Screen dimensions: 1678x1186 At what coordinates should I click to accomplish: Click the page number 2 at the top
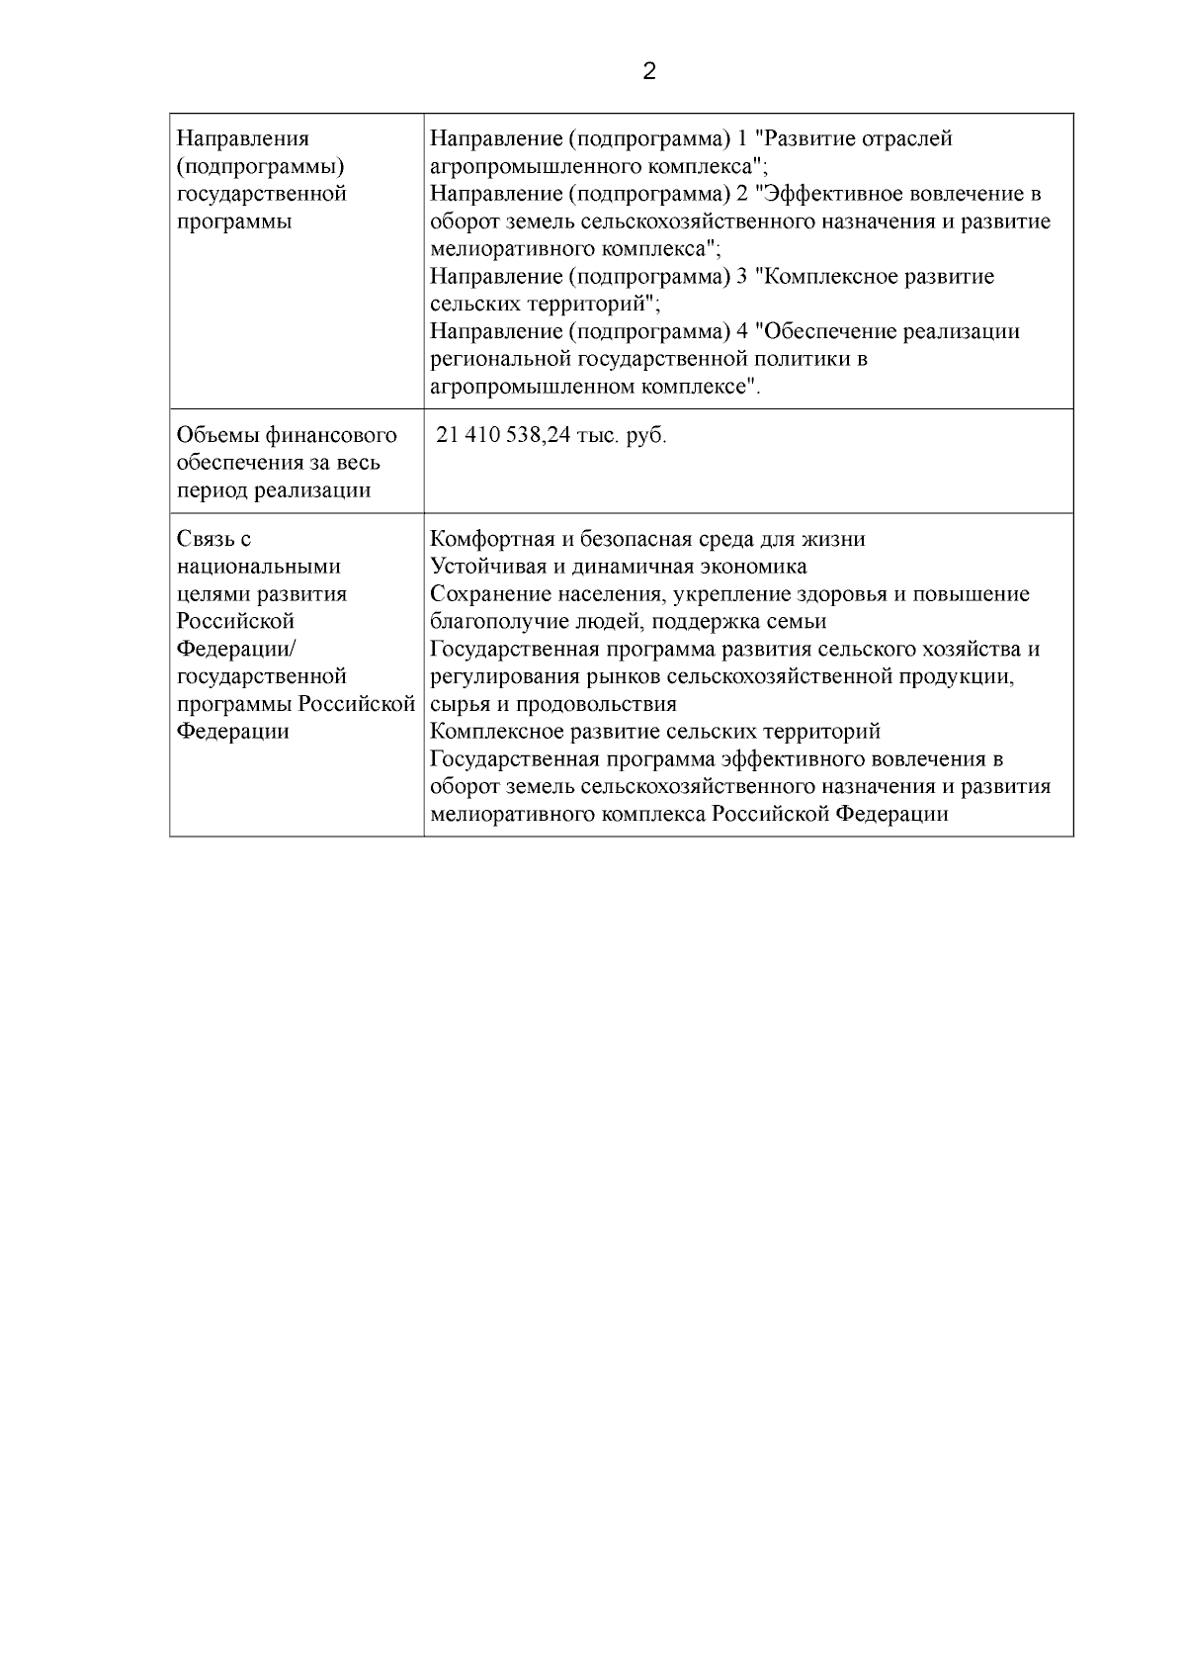pyautogui.click(x=649, y=72)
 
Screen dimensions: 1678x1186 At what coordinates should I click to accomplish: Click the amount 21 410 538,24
pyautogui.click(x=503, y=436)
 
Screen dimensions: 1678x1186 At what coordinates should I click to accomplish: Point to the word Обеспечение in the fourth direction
pyautogui.click(x=829, y=332)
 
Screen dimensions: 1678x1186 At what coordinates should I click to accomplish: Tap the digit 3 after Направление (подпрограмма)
pyautogui.click(x=742, y=277)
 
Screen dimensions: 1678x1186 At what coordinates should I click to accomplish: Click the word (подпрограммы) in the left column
pyautogui.click(x=260, y=166)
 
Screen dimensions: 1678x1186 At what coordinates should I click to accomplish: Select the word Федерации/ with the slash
pyautogui.click(x=236, y=650)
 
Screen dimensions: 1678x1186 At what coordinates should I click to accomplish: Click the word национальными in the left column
pyautogui.click(x=258, y=567)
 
